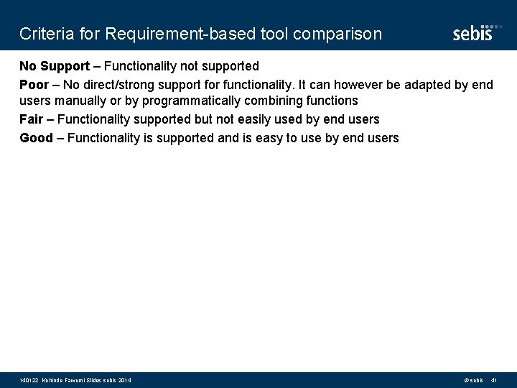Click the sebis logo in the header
(473, 33)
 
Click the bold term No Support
(55, 66)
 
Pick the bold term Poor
(33, 85)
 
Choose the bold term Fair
(32, 119)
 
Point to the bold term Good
(36, 138)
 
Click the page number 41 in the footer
(494, 380)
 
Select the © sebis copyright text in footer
(473, 380)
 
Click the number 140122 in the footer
(29, 380)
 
